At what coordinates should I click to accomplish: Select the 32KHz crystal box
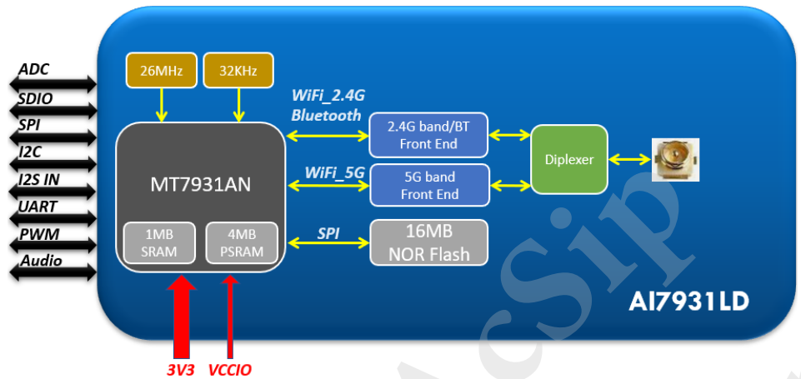(238, 70)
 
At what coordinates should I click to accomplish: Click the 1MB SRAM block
(159, 242)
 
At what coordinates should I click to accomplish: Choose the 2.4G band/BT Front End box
(428, 134)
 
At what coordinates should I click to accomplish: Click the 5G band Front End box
(428, 185)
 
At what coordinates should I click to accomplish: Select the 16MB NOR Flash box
(428, 242)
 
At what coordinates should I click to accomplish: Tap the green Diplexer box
(568, 159)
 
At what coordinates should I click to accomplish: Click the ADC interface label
(34, 70)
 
